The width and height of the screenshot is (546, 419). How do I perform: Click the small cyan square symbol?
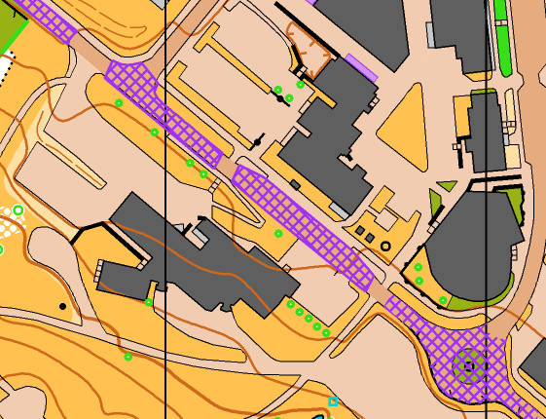[333, 401]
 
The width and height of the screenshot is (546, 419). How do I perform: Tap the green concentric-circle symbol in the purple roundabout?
[469, 365]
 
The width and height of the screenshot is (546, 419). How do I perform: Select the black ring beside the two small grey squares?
[386, 247]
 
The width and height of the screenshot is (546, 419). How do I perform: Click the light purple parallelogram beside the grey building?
[361, 67]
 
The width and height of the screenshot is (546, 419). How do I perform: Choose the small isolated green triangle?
[446, 185]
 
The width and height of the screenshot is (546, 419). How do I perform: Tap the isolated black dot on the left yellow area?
[63, 307]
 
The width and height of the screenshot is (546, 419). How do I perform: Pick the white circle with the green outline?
[18, 210]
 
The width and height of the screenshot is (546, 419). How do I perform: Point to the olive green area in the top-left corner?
[10, 29]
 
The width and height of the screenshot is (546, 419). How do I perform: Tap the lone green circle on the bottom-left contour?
[127, 357]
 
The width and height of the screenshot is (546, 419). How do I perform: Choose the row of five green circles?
[308, 318]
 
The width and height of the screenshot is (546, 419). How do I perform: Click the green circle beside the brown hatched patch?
[301, 85]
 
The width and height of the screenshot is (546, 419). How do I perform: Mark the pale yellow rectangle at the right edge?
[512, 156]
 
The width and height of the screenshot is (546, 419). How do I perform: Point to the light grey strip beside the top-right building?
[430, 34]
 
